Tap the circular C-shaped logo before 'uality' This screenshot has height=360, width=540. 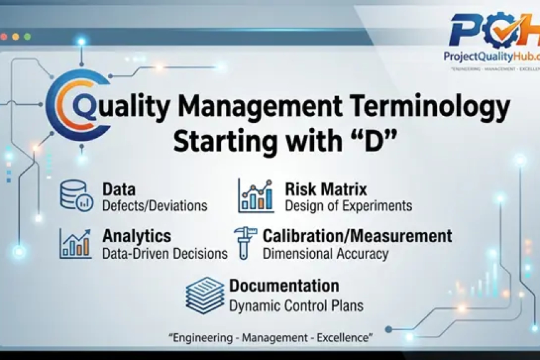(x=73, y=109)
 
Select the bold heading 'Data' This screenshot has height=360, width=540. (x=119, y=189)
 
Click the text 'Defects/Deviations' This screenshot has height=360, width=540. (x=155, y=205)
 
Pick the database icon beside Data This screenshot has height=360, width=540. (x=76, y=195)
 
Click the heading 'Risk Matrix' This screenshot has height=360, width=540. (x=326, y=189)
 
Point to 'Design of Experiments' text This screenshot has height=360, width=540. (x=348, y=205)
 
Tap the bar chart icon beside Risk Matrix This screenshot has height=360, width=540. (x=256, y=196)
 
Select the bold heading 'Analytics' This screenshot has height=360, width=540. (x=137, y=236)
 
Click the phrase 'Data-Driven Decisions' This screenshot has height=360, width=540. (x=164, y=253)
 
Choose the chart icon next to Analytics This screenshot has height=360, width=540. (x=76, y=243)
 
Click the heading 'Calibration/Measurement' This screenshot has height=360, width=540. (x=357, y=236)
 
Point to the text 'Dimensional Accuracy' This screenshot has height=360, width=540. (x=325, y=253)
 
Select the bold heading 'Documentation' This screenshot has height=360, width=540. (x=284, y=286)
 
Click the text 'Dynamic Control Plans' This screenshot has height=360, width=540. (x=296, y=305)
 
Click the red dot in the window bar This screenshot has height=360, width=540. (x=5, y=37)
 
